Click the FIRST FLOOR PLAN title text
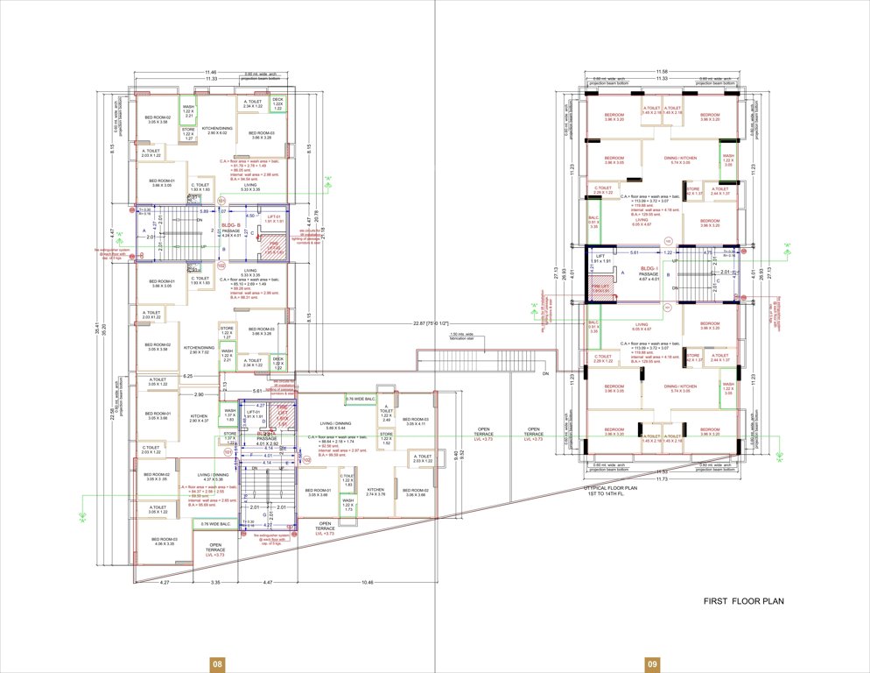pyautogui.click(x=744, y=601)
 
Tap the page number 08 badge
pyautogui.click(x=216, y=664)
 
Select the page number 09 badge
pyautogui.click(x=652, y=664)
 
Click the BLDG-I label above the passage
pyautogui.click(x=649, y=269)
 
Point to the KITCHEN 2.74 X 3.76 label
pyautogui.click(x=375, y=492)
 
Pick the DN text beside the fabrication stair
pyautogui.click(x=544, y=372)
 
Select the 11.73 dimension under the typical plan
pyautogui.click(x=663, y=479)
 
